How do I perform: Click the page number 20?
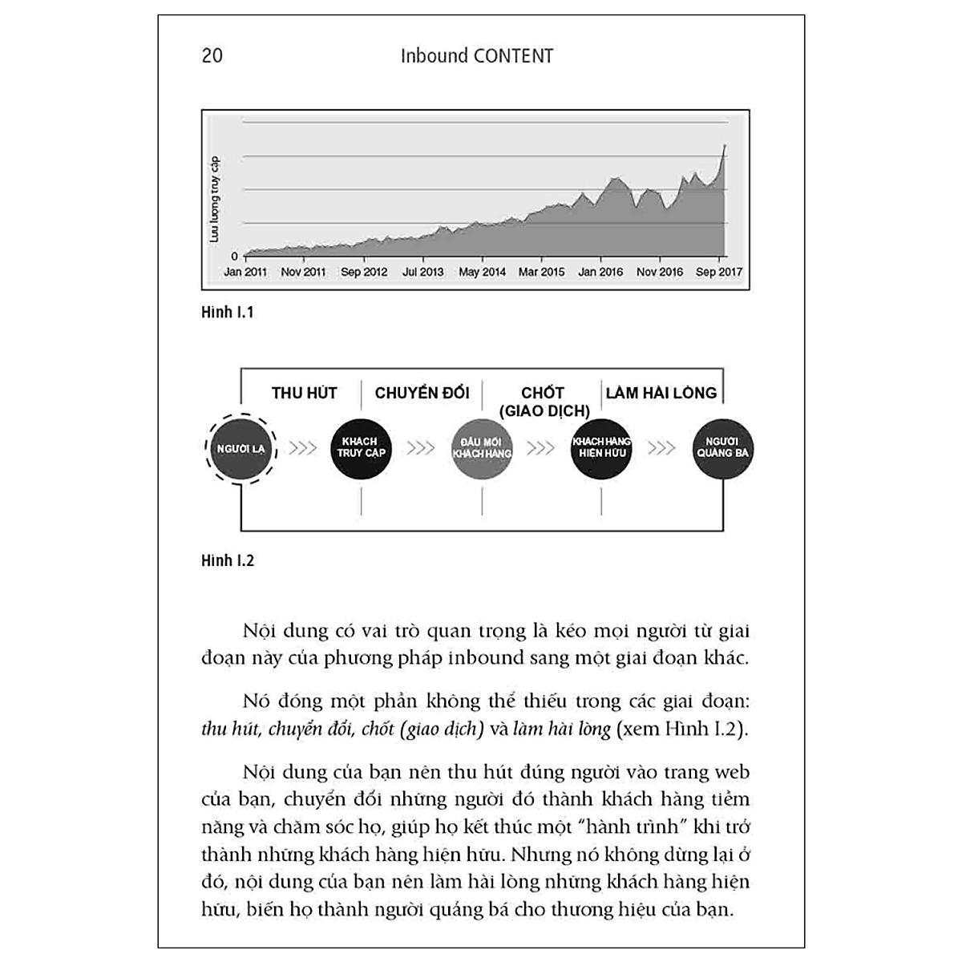point(212,56)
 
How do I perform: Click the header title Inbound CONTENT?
point(477,56)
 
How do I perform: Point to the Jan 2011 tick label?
point(245,273)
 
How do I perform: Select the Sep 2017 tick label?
point(719,273)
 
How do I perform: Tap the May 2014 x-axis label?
point(482,273)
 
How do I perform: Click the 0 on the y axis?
point(234,257)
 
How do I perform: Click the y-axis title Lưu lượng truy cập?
point(214,200)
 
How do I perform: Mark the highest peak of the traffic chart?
point(725,145)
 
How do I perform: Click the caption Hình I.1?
point(227,313)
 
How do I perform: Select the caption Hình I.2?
point(227,560)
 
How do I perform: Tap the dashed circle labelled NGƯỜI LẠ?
point(240,449)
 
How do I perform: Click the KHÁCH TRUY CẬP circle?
point(361,449)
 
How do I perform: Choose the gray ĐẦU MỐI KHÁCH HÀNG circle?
point(482,449)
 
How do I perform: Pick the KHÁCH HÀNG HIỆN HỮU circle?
point(601,449)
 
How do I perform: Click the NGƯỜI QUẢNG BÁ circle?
point(722,449)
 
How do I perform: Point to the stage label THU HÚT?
point(304,393)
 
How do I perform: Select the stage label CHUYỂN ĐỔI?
point(422,393)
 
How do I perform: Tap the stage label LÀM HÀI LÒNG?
point(661,393)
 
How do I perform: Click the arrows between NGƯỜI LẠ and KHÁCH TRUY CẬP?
point(302,448)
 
